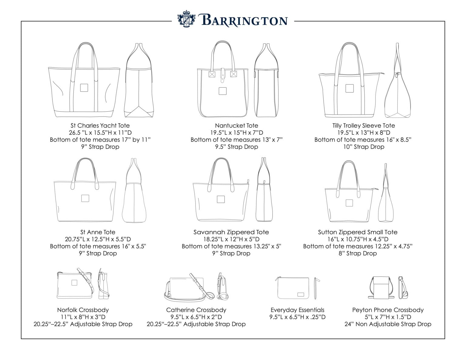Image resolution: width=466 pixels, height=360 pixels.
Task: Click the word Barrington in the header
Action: point(244,21)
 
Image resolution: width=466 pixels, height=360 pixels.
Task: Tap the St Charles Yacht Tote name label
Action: point(100,126)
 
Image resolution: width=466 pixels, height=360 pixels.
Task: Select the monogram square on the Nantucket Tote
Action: point(222,91)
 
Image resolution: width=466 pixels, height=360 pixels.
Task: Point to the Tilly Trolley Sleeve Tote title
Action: point(363,126)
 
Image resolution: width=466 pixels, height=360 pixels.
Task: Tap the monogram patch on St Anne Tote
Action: point(85,198)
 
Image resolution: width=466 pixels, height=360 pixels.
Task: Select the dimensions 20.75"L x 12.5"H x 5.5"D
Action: point(98,239)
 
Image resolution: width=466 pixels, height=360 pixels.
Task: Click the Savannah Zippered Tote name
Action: point(231,232)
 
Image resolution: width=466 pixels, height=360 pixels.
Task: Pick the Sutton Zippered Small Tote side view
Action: point(386,194)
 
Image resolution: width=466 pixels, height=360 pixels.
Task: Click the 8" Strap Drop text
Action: point(358,254)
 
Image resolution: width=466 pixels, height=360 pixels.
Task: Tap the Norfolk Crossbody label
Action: point(83,310)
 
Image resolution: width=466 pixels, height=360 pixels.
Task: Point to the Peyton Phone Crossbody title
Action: point(388,310)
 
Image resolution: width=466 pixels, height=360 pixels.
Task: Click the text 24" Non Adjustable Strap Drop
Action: point(388,324)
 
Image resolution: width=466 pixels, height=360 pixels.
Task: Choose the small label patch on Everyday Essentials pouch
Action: point(301,294)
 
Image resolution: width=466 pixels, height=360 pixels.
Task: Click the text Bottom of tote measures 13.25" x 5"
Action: point(231,246)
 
